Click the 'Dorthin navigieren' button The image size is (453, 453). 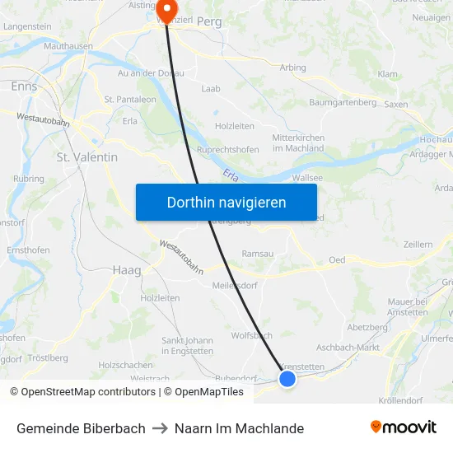[226, 202]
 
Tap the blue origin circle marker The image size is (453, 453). [287, 379]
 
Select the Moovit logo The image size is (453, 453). [404, 427]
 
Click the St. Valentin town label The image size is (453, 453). [86, 156]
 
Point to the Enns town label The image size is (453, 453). [24, 86]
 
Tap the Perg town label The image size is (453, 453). [209, 22]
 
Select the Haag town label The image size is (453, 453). [126, 269]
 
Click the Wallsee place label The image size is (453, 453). [307, 177]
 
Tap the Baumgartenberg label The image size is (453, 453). [343, 102]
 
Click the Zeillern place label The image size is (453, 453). [418, 245]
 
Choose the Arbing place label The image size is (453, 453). [292, 68]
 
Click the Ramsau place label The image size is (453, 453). [257, 255]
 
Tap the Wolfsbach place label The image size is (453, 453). [251, 335]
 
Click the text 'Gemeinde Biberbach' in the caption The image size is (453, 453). [81, 428]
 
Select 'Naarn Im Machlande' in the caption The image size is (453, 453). [239, 428]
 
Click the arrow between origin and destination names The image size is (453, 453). [160, 428]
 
